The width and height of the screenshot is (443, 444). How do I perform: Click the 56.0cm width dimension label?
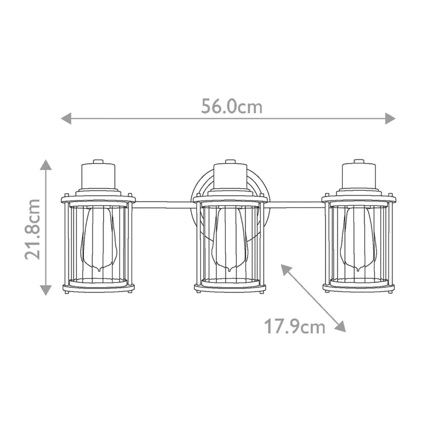(x=232, y=106)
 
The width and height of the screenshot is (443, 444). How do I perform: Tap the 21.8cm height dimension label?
(x=32, y=229)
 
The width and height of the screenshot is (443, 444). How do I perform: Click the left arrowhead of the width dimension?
(x=66, y=118)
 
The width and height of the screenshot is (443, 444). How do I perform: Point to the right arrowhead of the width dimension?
(x=390, y=118)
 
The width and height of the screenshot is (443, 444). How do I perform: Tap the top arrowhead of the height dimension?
(x=46, y=165)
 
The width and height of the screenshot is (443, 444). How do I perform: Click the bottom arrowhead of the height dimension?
(x=46, y=290)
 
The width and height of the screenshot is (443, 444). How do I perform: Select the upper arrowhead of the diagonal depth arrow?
(x=286, y=269)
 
